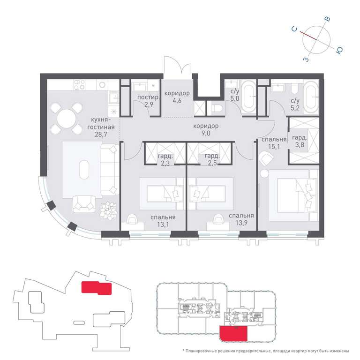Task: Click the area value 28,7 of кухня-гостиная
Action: coord(101,134)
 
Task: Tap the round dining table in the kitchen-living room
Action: coord(67,119)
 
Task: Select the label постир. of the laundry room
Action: coord(148,97)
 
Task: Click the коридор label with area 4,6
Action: coord(177,93)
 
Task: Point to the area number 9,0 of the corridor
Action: coord(206,133)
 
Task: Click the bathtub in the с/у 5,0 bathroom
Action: coord(249,97)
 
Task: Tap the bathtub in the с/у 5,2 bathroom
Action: coord(311,97)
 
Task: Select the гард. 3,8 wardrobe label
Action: coord(300,141)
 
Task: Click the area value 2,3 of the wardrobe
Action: coord(165,163)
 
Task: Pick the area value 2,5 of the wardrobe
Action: coord(212,163)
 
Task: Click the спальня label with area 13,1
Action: coord(163,217)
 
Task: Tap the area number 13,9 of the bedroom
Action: coord(241,223)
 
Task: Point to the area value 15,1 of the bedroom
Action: coord(274,146)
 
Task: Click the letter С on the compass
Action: coord(294,29)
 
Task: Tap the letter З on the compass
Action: coord(306,60)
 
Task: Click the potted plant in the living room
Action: coord(108,211)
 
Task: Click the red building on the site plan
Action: coord(97,288)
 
